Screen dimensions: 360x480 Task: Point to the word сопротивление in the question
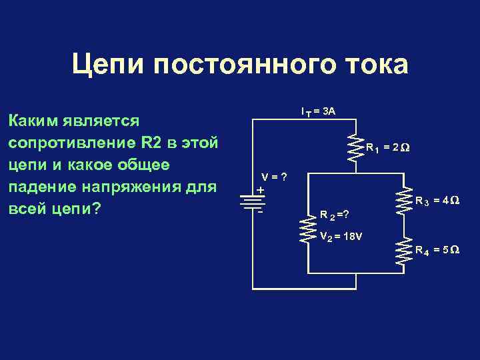pos(71,143)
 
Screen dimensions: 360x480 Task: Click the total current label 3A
pos(318,111)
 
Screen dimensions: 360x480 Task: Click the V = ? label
pos(274,177)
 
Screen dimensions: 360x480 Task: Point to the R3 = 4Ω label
pos(437,200)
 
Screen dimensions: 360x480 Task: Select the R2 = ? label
pos(335,215)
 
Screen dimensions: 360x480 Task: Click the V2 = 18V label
pos(341,237)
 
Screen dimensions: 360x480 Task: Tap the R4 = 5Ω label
pos(437,250)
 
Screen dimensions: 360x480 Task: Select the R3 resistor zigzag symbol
pos(403,199)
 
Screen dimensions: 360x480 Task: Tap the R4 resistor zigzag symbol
pos(403,253)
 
